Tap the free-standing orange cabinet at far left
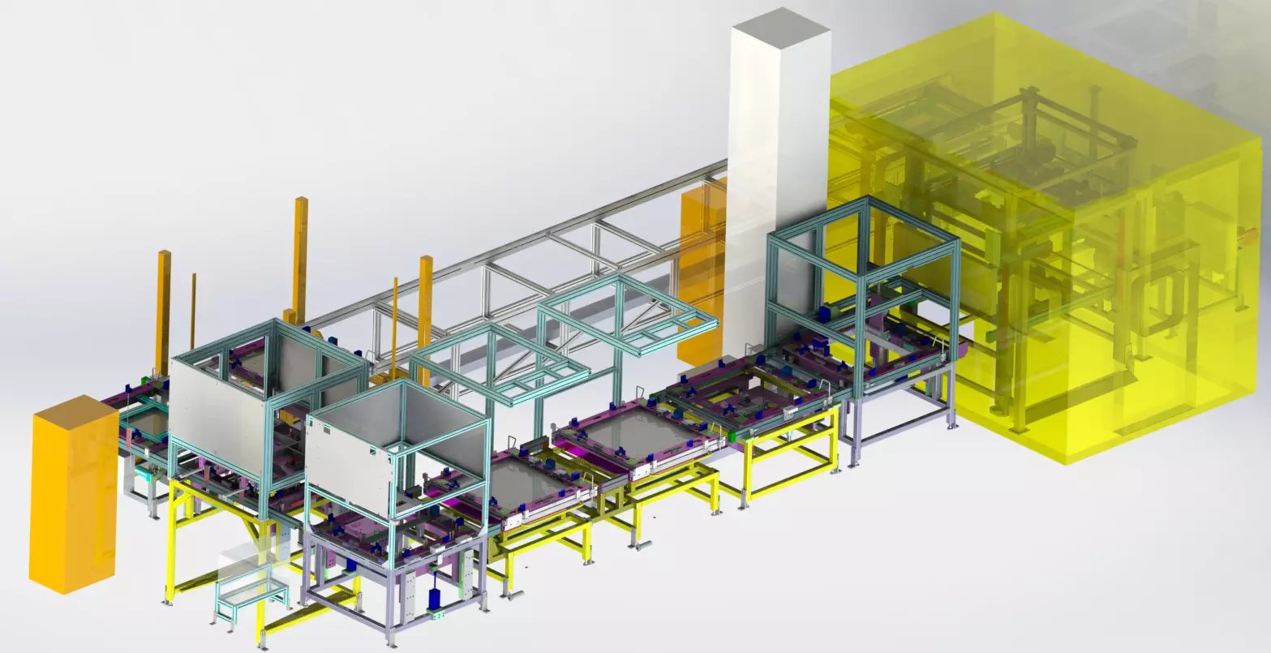click(73, 495)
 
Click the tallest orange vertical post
click(301, 251)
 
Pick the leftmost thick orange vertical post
click(164, 300)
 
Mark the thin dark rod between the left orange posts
click(194, 308)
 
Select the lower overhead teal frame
click(499, 365)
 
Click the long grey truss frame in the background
click(519, 260)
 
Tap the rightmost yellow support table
click(791, 454)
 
